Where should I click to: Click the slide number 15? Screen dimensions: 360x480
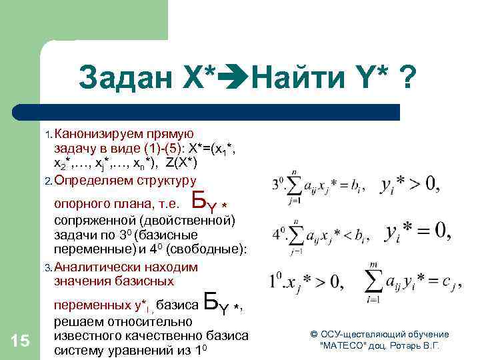[x=21, y=341]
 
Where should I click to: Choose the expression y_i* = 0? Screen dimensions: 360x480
[x=417, y=233]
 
